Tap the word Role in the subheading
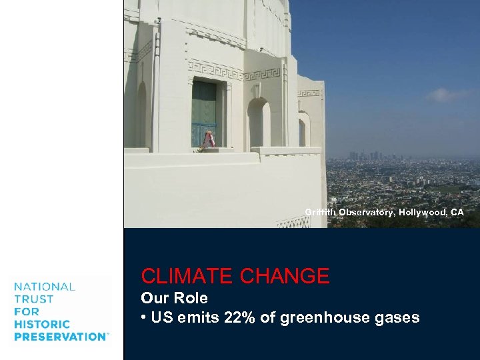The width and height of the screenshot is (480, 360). [x=193, y=298]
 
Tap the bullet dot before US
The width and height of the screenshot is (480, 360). [x=144, y=318]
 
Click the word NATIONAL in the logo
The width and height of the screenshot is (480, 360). [x=45, y=287]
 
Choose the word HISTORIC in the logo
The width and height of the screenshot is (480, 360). [x=41, y=324]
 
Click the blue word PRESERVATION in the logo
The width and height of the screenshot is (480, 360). [x=59, y=337]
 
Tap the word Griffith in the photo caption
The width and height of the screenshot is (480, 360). [x=320, y=212]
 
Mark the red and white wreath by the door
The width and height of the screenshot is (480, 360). [x=209, y=140]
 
